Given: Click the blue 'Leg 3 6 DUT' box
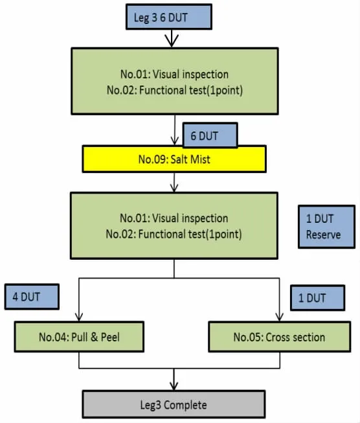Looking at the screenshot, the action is tap(169, 17).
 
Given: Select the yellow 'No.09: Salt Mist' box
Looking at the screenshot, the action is tap(174, 159).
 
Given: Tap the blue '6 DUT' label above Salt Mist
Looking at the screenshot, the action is tap(210, 135).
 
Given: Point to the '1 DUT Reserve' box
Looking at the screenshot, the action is tap(326, 227).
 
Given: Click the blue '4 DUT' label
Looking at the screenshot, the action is tap(32, 297).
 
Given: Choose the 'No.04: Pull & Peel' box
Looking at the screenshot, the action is tap(79, 337).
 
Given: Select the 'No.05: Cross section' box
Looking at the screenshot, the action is tap(279, 337).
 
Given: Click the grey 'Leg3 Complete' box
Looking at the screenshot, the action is tap(174, 404).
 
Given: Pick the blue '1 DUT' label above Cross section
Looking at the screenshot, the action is tap(318, 297).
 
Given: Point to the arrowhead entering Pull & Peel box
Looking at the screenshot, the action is tap(79, 317).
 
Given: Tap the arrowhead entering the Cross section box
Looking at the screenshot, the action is tap(279, 317).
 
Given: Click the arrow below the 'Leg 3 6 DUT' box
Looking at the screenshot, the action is tap(172, 38).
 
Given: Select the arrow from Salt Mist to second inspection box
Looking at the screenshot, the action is tap(174, 183).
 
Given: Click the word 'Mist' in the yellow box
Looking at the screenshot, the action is tap(199, 159).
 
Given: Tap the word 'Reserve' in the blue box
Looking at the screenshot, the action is tap(323, 234).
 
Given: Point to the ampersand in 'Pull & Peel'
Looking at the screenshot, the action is tap(94, 337).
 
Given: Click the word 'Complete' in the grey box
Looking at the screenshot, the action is tap(185, 405).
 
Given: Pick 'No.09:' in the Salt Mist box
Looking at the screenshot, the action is tap(153, 159).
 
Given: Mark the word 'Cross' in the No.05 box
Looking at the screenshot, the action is tap(278, 337).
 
